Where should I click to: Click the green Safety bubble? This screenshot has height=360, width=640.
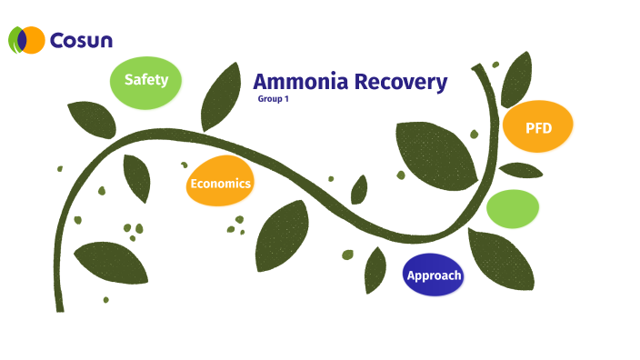point(145,80)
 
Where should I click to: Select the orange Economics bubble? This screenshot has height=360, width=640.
point(219,184)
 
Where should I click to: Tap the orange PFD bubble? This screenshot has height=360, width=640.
point(537,127)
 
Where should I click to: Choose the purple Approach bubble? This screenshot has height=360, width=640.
point(434,275)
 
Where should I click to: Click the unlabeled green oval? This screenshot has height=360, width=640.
point(513,208)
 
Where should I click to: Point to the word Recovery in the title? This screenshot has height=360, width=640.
point(401,82)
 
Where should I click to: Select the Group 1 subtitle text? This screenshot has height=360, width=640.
point(273,98)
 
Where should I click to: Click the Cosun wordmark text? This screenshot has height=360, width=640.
point(81,40)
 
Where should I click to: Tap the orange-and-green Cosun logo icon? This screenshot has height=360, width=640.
point(27,40)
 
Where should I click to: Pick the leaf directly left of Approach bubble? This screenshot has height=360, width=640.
point(375,270)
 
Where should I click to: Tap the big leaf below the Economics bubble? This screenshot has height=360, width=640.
point(282,235)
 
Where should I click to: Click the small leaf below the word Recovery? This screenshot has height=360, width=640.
point(359,190)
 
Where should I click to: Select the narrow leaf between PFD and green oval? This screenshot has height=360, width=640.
point(521,170)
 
